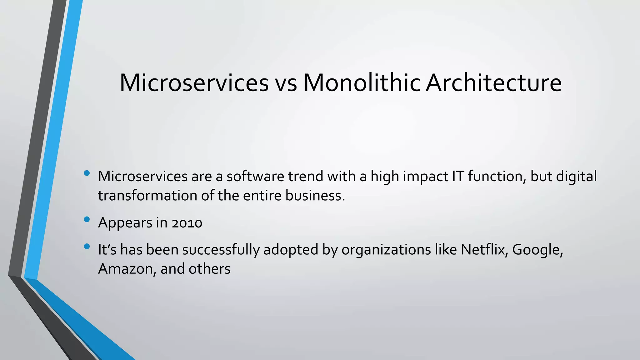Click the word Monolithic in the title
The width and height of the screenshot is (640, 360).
(x=362, y=83)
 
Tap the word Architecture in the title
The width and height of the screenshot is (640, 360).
(x=493, y=83)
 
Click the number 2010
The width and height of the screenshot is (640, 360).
(x=187, y=223)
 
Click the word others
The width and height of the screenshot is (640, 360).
(x=209, y=269)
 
